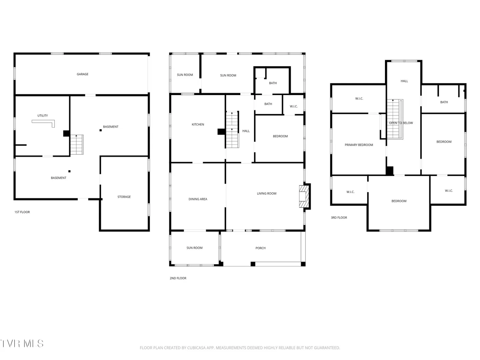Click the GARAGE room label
[82, 74]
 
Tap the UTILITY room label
[42, 115]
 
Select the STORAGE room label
[124, 197]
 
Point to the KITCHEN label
[198, 124]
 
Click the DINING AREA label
[198, 199]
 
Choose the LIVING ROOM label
[267, 193]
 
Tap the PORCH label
[260, 248]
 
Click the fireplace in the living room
[304, 196]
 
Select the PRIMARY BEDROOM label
[359, 145]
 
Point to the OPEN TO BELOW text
[401, 123]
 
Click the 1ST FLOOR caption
[22, 212]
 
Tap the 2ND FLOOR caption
[178, 278]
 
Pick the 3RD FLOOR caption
[339, 217]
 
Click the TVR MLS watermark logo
[22, 344]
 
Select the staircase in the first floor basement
[77, 144]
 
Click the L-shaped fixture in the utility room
[43, 123]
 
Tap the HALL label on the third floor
[404, 81]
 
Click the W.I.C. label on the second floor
[293, 106]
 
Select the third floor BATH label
[444, 102]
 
